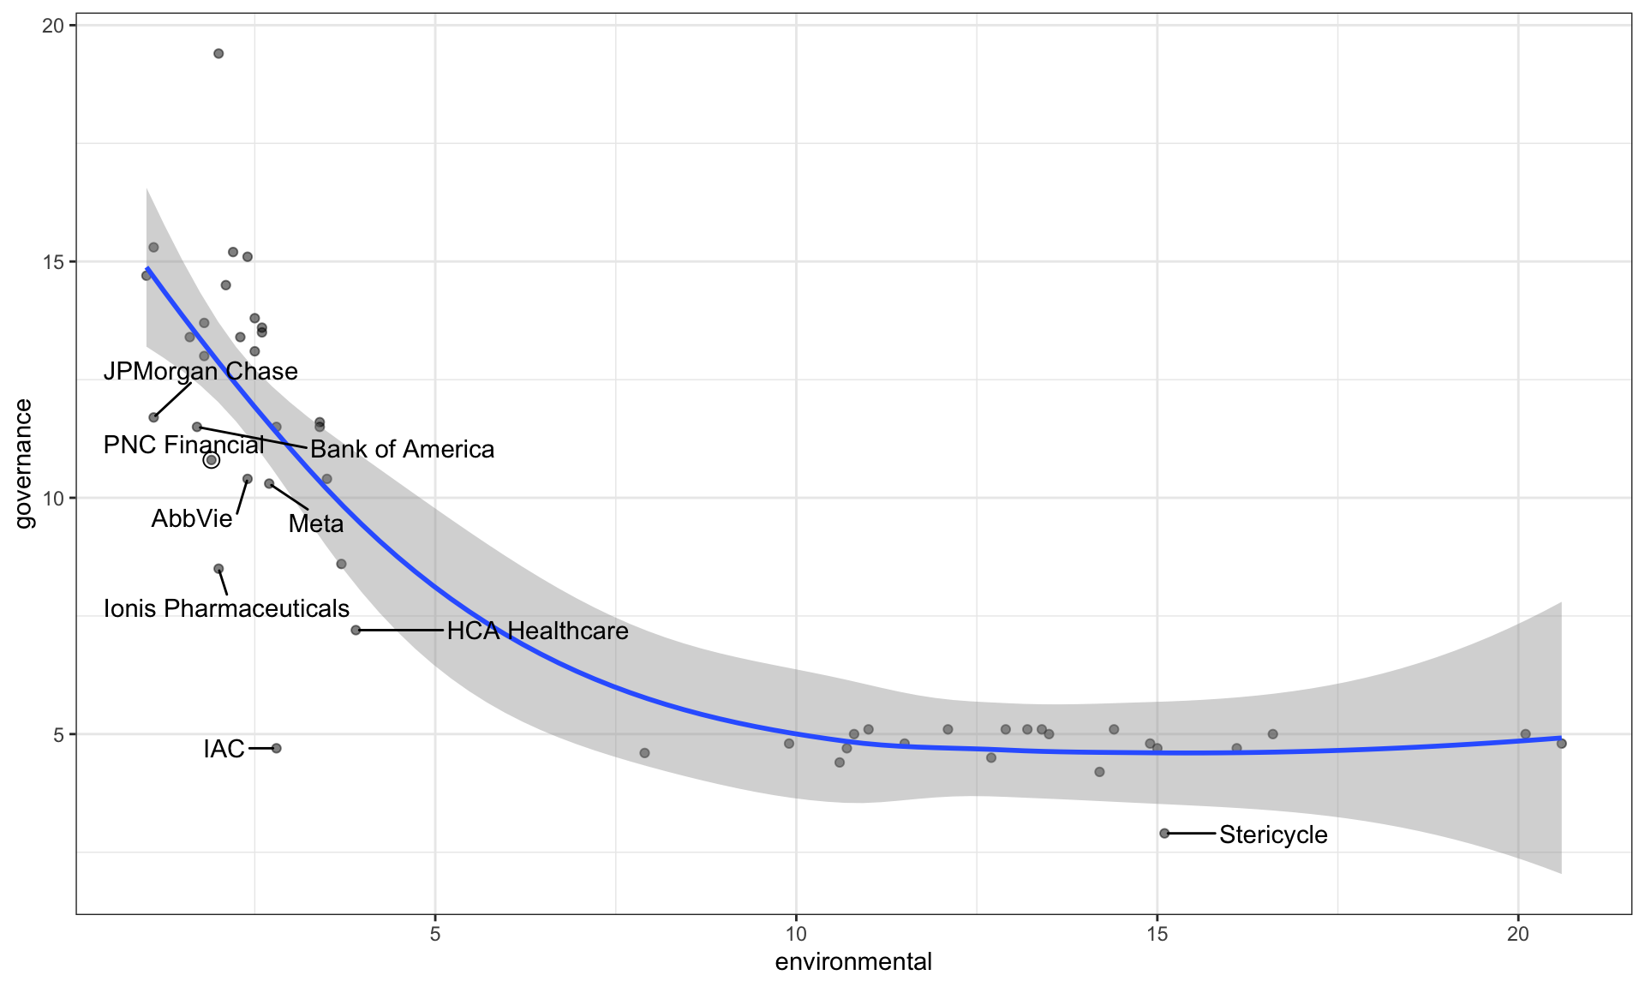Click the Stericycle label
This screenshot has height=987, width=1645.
[1273, 834]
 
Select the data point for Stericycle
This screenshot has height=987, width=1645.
[1164, 833]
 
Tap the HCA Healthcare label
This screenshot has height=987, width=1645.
[537, 631]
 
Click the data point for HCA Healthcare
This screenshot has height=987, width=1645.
[356, 631]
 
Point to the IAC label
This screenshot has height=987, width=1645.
[224, 749]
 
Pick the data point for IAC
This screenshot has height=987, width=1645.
[277, 748]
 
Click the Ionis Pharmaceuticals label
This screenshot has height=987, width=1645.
[226, 608]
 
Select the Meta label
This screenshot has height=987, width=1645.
[315, 523]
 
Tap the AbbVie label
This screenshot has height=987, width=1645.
[192, 518]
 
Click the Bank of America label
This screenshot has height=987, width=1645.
[402, 449]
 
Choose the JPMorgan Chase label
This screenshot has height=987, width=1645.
[200, 371]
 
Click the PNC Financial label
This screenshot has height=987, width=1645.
[183, 445]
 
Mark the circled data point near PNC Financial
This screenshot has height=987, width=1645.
[212, 460]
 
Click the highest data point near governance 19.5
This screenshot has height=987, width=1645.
[218, 54]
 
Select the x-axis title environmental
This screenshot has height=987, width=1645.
[852, 962]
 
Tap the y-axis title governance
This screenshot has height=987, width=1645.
[24, 464]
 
